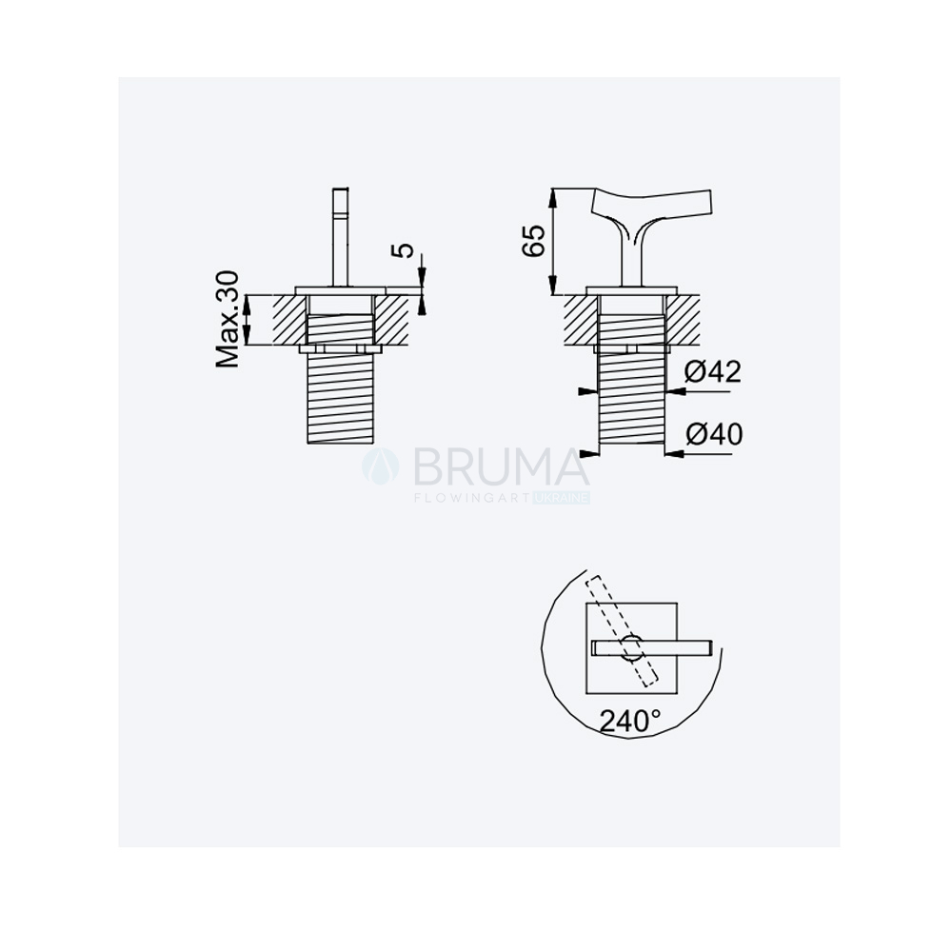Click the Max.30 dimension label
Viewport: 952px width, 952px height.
click(228, 319)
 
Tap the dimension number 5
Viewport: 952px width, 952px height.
click(405, 250)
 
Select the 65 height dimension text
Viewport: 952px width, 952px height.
click(534, 241)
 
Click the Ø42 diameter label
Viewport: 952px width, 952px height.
click(713, 371)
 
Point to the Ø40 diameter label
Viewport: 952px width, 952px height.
click(714, 434)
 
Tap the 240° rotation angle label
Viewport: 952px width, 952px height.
click(630, 722)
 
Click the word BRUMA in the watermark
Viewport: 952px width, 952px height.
click(501, 466)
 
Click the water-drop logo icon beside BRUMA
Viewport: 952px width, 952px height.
click(381, 466)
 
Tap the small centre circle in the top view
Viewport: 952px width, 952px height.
click(631, 647)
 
